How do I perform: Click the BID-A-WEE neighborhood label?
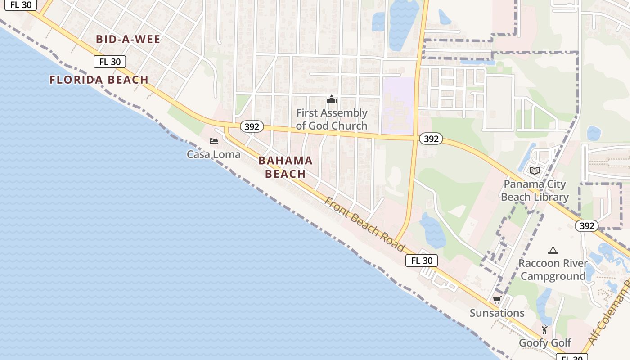(x=128, y=40)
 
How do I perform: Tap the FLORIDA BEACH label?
(x=99, y=80)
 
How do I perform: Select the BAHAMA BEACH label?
(x=285, y=167)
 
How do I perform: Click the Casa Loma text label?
(x=214, y=154)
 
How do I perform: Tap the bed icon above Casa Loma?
(x=214, y=141)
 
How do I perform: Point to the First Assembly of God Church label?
(x=332, y=119)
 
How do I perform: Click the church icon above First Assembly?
(x=332, y=99)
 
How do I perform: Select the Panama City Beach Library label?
(x=535, y=190)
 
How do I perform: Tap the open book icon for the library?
(x=535, y=171)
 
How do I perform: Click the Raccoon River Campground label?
(x=553, y=270)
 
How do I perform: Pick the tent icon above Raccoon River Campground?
(x=553, y=250)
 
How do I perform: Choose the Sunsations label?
(x=497, y=313)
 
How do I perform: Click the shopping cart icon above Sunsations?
(x=497, y=300)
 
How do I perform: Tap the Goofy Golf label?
(x=545, y=343)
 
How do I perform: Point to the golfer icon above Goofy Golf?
(x=545, y=330)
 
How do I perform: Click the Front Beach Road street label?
(x=364, y=224)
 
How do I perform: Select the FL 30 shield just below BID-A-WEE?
(x=110, y=62)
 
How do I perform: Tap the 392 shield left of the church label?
(x=252, y=127)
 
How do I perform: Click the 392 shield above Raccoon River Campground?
(x=586, y=226)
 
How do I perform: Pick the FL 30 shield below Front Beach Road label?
(x=422, y=261)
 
